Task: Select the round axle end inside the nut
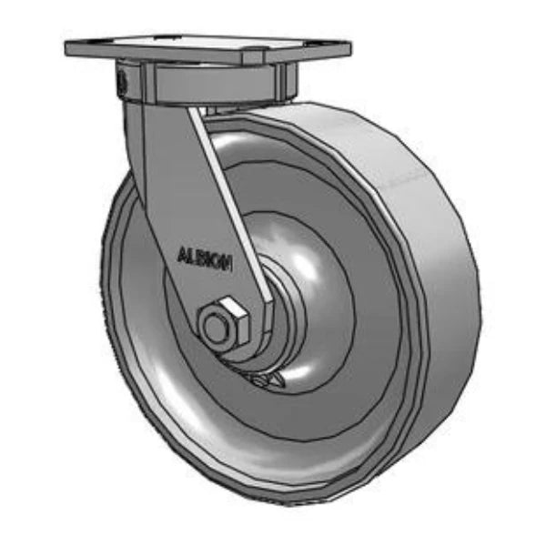coord(217,329)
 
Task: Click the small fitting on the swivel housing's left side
coord(121,81)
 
